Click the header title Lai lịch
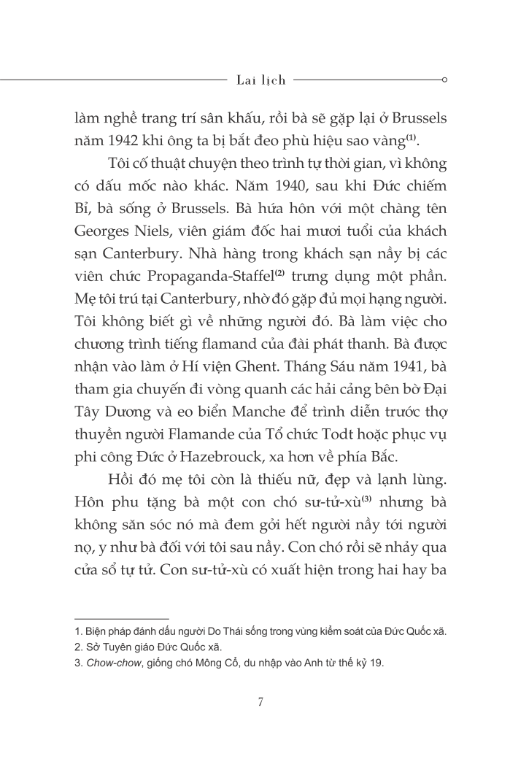[261, 80]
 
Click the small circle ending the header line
[444, 80]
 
